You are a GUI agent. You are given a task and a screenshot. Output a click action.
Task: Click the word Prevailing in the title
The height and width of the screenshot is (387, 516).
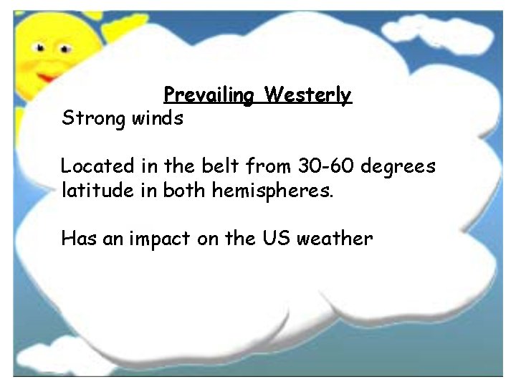[x=209, y=95]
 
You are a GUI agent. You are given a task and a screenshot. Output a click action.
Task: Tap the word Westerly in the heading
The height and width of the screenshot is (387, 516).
[x=307, y=95]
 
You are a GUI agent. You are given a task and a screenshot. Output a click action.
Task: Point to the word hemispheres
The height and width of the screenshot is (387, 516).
[x=272, y=192]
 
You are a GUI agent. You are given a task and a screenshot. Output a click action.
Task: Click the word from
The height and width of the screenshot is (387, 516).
[x=265, y=166]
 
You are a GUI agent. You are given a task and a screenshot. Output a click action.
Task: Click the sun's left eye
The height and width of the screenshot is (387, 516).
[x=41, y=48]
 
